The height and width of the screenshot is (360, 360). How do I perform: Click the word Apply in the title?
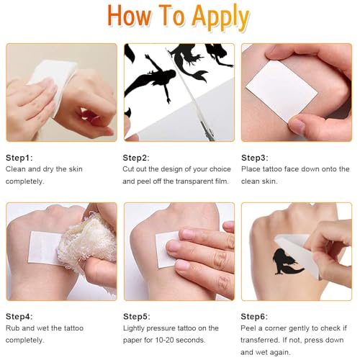coord(220,17)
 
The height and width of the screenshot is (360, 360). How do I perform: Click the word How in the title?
coord(130,15)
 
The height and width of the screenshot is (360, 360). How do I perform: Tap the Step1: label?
coord(19,158)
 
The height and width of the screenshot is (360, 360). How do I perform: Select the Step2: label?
coord(136,158)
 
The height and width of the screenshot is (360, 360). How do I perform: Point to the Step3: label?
coord(255,158)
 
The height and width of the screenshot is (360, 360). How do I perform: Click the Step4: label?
coord(19,317)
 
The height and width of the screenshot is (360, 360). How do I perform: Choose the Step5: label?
coord(137,317)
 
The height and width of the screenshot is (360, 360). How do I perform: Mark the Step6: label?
coord(254,317)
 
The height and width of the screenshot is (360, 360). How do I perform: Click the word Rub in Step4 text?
coord(13,328)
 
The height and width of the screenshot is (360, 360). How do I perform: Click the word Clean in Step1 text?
coord(16,169)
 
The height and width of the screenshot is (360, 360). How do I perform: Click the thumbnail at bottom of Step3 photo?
coord(297,125)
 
